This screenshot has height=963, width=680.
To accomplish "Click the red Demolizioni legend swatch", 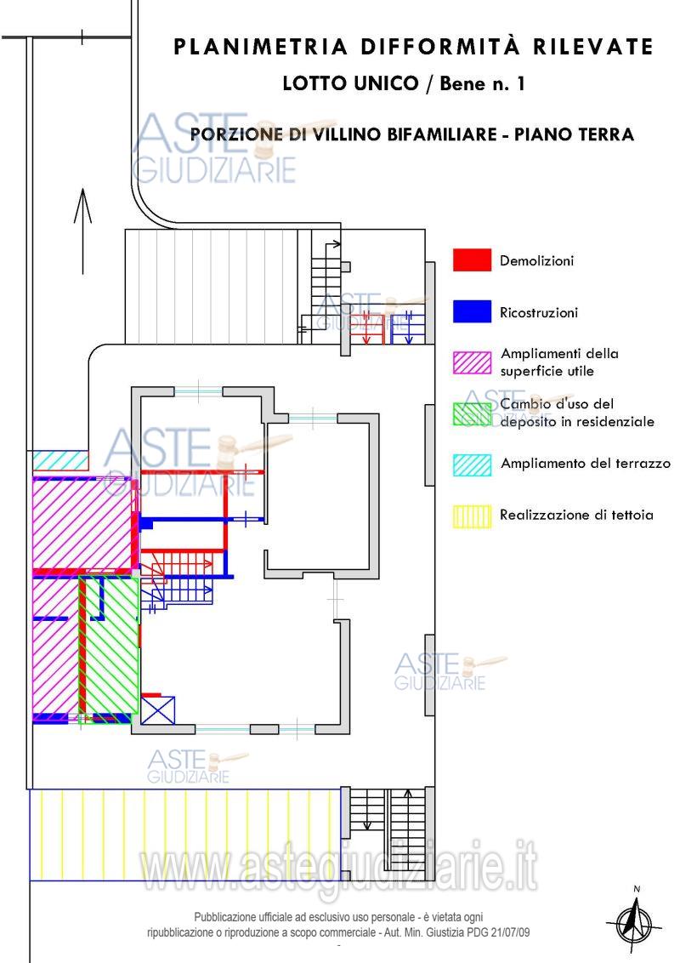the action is tap(472, 259).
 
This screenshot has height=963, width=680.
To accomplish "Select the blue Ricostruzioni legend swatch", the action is tap(472, 311).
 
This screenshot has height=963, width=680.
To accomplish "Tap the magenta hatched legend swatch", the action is tap(472, 362).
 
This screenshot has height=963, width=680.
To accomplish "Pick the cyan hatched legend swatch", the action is tap(472, 465).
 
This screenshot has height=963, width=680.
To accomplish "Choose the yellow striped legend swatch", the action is tap(472, 516).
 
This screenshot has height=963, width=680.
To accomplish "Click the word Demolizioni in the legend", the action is tap(536, 260).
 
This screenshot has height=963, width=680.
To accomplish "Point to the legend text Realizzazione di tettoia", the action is tap(576, 515).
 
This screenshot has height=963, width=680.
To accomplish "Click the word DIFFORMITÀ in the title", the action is tap(440, 46).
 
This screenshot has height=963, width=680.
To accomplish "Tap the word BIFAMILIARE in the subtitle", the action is tap(439, 134).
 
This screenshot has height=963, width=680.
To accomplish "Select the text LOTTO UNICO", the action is tap(350, 83).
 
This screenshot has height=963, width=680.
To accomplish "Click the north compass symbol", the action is tap(636, 920).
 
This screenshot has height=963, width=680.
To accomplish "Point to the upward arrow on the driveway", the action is tap(82, 231).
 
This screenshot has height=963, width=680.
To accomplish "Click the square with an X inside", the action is tap(158, 710).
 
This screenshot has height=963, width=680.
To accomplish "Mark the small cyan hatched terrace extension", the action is tap(60, 460).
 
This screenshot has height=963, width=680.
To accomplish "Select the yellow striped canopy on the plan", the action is tap(184, 835).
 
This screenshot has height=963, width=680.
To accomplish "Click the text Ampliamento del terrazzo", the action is tap(586, 463).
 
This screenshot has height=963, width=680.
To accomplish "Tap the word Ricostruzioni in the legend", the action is tap(538, 312).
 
